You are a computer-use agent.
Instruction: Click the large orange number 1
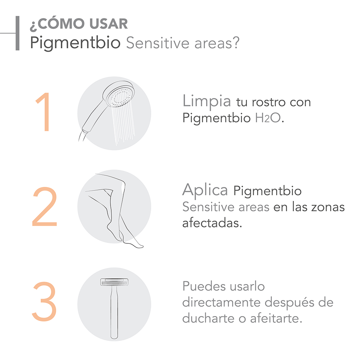point(44,112)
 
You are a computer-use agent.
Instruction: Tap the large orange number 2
point(45,207)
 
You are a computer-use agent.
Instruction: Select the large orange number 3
point(44,301)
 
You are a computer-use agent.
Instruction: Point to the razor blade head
point(114,282)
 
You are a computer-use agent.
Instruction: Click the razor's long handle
point(114,312)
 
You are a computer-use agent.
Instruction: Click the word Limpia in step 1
point(207,101)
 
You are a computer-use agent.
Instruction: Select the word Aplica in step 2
point(205,190)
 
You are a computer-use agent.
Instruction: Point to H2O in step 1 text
point(268,118)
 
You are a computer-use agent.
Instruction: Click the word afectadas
point(212,223)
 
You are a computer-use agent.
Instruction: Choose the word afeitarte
point(276,318)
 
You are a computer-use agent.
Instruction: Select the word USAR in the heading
point(109,24)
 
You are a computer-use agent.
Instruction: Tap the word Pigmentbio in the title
point(75,43)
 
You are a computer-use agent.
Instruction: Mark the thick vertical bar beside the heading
point(17,33)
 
